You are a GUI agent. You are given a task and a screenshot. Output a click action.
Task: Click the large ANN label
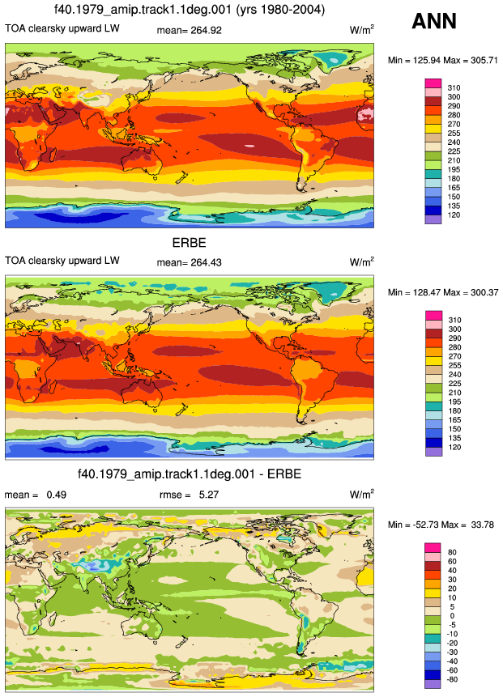(434, 21)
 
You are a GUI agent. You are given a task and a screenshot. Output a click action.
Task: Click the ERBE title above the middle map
(189, 243)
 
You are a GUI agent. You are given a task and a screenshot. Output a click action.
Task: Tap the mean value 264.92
(205, 30)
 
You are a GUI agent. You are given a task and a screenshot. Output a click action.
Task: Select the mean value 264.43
(205, 262)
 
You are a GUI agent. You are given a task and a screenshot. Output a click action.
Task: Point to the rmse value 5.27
(209, 495)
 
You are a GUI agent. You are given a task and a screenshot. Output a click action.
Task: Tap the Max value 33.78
(483, 525)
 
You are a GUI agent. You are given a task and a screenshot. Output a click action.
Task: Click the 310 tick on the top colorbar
(454, 88)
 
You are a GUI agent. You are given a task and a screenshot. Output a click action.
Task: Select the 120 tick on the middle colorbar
(454, 447)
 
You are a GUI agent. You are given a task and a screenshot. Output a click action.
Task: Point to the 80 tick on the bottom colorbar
(452, 553)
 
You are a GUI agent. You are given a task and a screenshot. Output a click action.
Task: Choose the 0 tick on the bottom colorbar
(452, 616)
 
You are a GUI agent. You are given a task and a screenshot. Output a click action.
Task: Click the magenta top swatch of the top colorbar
(433, 83)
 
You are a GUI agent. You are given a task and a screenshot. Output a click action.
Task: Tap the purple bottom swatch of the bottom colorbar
(433, 684)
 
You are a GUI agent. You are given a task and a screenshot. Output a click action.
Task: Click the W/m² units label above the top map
(361, 30)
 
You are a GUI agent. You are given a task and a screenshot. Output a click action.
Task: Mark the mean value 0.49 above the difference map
(57, 495)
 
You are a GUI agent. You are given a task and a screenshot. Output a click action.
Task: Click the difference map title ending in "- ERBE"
(190, 474)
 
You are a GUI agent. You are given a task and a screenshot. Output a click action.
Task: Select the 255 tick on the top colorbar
(454, 134)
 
